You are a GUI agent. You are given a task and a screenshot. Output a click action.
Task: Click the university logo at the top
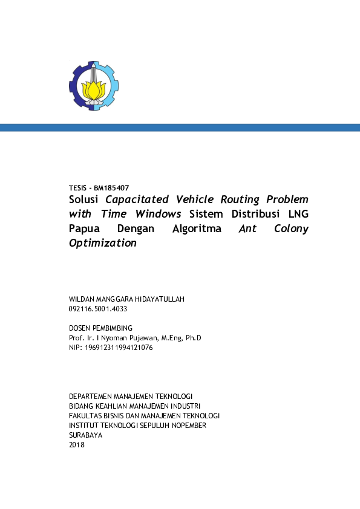coord(93,85)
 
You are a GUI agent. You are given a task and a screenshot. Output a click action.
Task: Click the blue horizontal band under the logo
coord(180,128)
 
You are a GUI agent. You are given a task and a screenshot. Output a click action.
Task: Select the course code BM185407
coord(112,188)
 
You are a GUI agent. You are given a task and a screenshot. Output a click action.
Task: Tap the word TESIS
coord(80,188)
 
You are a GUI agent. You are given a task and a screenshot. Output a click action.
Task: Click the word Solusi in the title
coord(85,199)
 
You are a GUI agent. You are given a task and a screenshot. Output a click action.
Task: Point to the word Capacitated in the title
coord(137,199)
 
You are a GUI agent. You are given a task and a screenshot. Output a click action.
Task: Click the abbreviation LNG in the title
coord(298,213)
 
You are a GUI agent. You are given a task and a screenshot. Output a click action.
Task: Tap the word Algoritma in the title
coord(197,229)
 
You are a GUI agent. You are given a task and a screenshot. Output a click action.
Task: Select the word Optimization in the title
coord(103,244)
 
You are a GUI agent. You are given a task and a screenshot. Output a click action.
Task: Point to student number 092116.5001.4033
coord(99,308)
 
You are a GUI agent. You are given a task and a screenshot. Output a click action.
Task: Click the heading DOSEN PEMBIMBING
coord(101,328)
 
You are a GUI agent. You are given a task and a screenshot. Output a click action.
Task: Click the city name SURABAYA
coord(87,435)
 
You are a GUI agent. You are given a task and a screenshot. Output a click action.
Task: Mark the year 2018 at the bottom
coord(77,445)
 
